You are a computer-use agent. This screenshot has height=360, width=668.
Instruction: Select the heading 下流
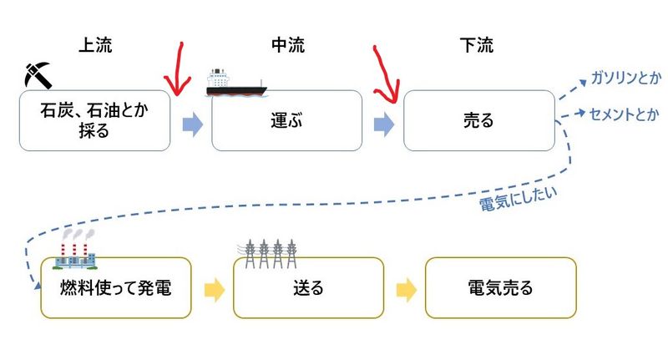(x=477, y=43)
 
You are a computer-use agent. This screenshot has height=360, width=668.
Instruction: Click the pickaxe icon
(x=38, y=74)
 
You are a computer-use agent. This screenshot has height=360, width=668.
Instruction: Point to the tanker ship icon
(x=235, y=82)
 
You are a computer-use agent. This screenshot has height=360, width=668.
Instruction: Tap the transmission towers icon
(x=271, y=250)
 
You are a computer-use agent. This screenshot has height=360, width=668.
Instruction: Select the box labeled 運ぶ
(x=286, y=121)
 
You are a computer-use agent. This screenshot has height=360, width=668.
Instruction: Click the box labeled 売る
(x=478, y=121)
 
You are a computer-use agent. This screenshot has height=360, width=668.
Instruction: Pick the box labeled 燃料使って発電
(x=116, y=288)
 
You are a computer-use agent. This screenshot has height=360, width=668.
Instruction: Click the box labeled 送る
(x=308, y=288)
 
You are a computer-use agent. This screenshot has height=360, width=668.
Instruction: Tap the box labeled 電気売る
(x=500, y=288)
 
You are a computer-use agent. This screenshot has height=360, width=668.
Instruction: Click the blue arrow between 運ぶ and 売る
(x=384, y=124)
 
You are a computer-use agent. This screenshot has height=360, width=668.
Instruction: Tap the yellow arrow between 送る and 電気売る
(x=406, y=290)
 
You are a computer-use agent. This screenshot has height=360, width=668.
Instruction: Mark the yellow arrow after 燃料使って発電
(x=214, y=290)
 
